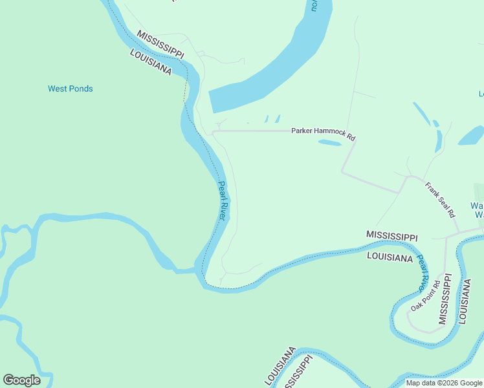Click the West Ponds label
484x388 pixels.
tap(71, 89)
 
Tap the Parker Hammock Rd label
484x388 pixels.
tap(323, 134)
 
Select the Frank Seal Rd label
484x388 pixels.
tap(440, 199)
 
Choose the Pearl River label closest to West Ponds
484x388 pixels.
tap(222, 201)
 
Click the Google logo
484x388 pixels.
tap(21, 380)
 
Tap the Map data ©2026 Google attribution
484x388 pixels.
tap(444, 383)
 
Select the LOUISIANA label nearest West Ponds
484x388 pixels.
tap(150, 62)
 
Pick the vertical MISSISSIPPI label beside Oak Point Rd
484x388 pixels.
tap(445, 298)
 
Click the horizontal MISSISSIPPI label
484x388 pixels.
tap(391, 236)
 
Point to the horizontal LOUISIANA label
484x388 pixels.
tap(390, 257)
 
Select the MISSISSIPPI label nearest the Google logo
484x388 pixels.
tap(300, 371)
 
